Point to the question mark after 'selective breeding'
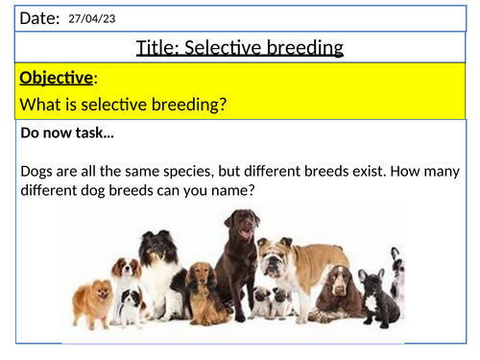point(223,105)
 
